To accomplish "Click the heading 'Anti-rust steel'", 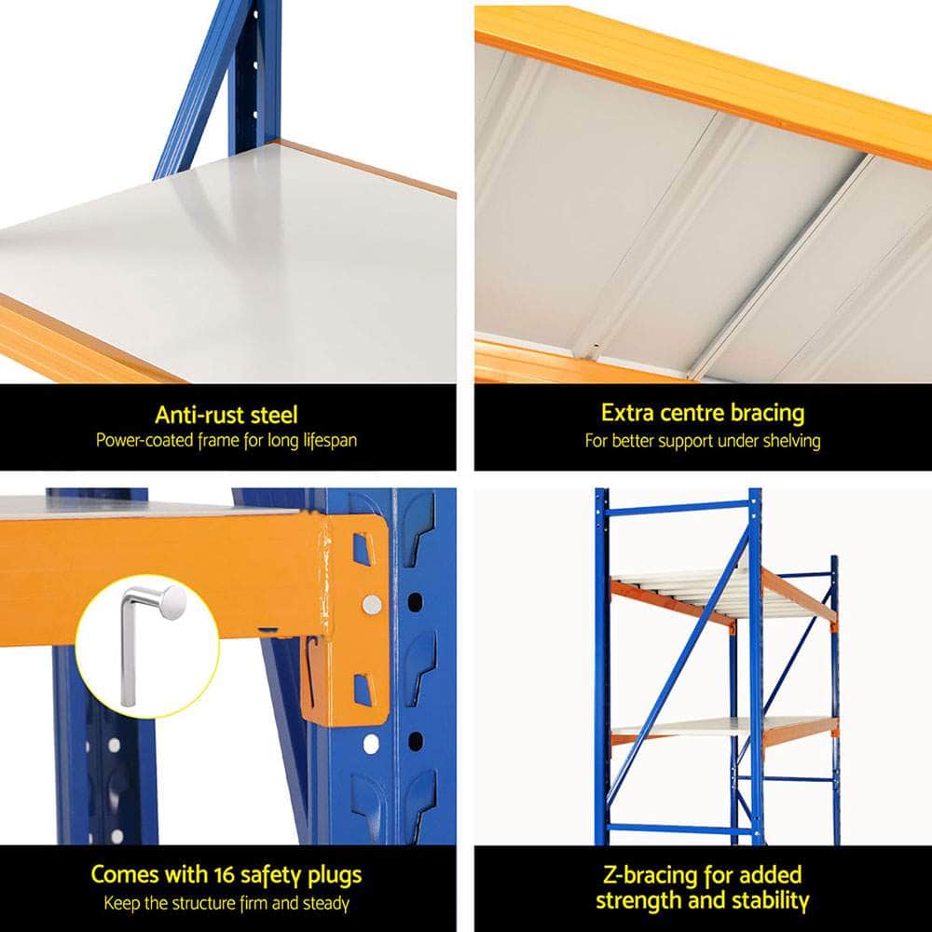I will (x=226, y=415).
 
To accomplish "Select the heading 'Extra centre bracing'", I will (x=702, y=413).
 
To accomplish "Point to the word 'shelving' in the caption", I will (x=788, y=441).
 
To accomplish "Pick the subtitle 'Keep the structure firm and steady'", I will (x=226, y=902).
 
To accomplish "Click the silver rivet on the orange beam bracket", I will (x=372, y=604).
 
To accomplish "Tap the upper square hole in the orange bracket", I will (x=362, y=550).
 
